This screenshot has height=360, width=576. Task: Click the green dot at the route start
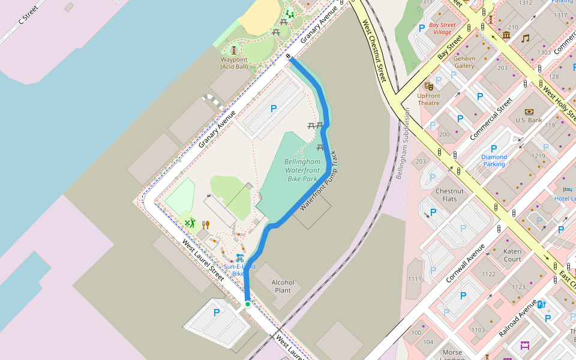[x=247, y=304]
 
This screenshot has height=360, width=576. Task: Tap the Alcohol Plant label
[x=283, y=286]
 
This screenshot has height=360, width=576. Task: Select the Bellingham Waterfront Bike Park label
[x=302, y=170]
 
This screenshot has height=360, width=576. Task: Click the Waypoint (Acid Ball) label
[x=234, y=63]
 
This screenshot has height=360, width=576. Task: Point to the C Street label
[x=28, y=13]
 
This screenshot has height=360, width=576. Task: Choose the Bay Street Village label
[x=442, y=28]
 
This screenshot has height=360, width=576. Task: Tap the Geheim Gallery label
[x=464, y=62]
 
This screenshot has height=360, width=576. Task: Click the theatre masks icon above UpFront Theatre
[x=428, y=86]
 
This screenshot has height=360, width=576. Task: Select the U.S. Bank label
[x=529, y=120]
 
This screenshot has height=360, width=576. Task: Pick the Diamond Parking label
[x=494, y=160]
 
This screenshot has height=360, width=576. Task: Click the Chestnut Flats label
[x=449, y=195]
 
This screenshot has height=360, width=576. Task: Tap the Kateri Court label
[x=512, y=255]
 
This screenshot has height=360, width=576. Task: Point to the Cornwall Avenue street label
[x=465, y=263]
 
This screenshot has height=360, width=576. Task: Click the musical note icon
[x=525, y=38]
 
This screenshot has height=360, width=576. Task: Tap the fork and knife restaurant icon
[x=206, y=224]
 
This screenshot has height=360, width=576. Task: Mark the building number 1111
[x=415, y=279]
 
